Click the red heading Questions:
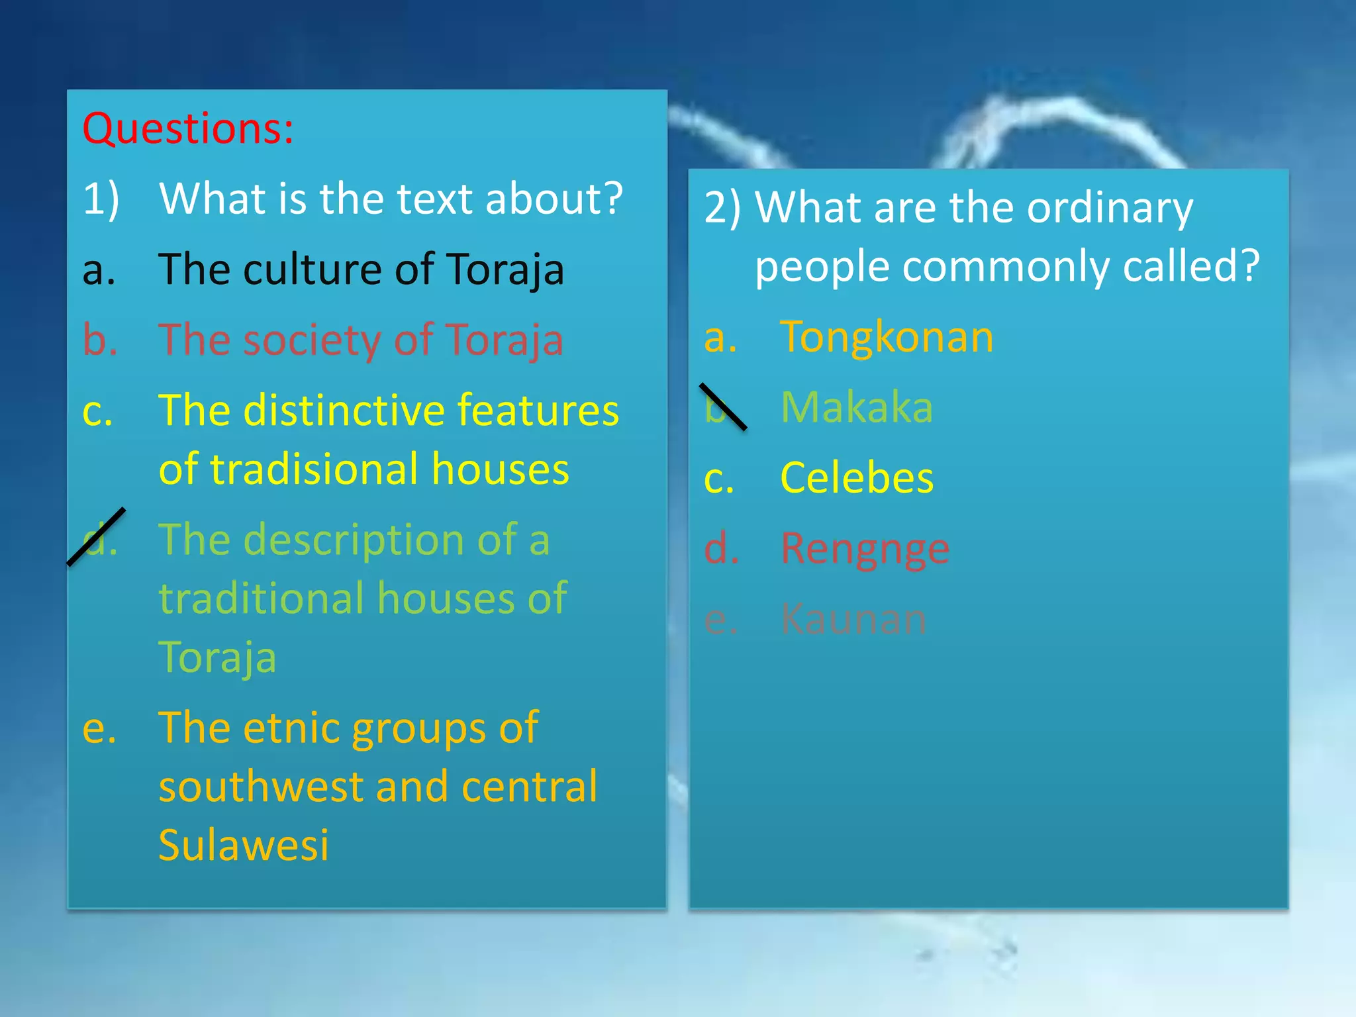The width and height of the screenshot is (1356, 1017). click(x=188, y=128)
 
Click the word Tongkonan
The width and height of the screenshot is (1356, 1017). click(x=887, y=336)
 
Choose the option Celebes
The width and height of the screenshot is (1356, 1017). click(x=856, y=477)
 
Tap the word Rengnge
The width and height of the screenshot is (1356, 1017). click(x=865, y=549)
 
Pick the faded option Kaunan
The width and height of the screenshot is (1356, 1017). click(x=853, y=620)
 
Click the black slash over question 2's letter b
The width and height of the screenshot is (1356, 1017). click(x=723, y=407)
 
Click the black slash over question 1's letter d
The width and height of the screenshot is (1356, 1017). click(x=96, y=536)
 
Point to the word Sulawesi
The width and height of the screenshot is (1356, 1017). click(x=243, y=846)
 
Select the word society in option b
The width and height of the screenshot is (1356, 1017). click(x=318, y=340)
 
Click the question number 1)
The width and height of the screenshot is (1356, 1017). click(x=101, y=198)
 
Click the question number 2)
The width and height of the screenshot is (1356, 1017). click(x=722, y=208)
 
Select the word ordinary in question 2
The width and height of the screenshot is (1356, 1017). click(x=1110, y=208)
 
